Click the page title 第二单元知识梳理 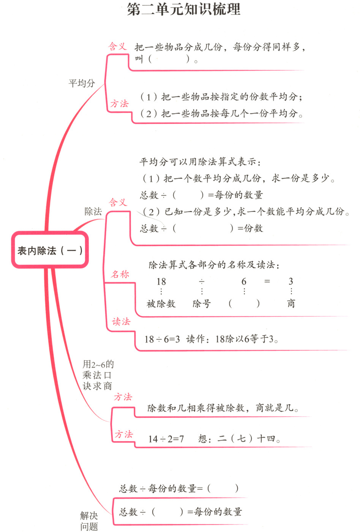[183, 9]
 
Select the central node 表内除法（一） [50, 250]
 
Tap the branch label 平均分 [82, 83]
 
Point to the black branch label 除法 [93, 212]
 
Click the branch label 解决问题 [89, 521]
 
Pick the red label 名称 [120, 274]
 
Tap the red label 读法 [121, 322]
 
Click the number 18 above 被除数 [161, 281]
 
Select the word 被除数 [161, 303]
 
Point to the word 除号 [202, 303]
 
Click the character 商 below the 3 [291, 303]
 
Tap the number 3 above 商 [291, 281]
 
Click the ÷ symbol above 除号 [202, 281]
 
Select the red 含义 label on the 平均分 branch [117, 47]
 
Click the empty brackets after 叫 [169, 59]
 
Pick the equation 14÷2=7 [166, 439]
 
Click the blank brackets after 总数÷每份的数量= [223, 488]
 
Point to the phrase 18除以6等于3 [247, 339]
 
